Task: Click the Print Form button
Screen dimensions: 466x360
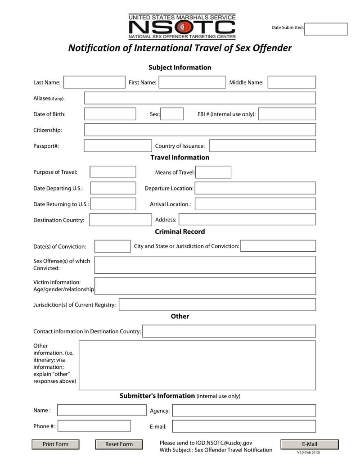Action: point(55,444)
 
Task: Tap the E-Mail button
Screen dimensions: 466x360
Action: point(309,444)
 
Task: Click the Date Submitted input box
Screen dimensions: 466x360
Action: point(326,29)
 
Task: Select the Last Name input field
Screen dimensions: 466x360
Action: point(94,82)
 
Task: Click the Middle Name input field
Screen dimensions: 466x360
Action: point(292,82)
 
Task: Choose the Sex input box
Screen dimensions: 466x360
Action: point(172,114)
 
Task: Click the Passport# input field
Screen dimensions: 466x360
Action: point(118,146)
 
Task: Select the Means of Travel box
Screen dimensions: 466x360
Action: point(213,172)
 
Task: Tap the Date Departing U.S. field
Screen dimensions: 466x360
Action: point(113,188)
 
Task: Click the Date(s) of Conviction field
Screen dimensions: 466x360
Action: point(112,246)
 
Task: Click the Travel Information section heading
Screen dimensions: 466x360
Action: point(180,158)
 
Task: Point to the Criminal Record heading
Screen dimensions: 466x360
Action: point(180,231)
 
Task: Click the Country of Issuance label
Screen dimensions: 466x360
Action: point(180,146)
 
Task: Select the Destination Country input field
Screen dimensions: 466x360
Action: point(120,220)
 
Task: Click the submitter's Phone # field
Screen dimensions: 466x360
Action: point(94,426)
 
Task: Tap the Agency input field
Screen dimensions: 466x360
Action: point(244,410)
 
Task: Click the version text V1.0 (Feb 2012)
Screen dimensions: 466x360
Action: point(308,452)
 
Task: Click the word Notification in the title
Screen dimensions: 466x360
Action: point(94,48)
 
